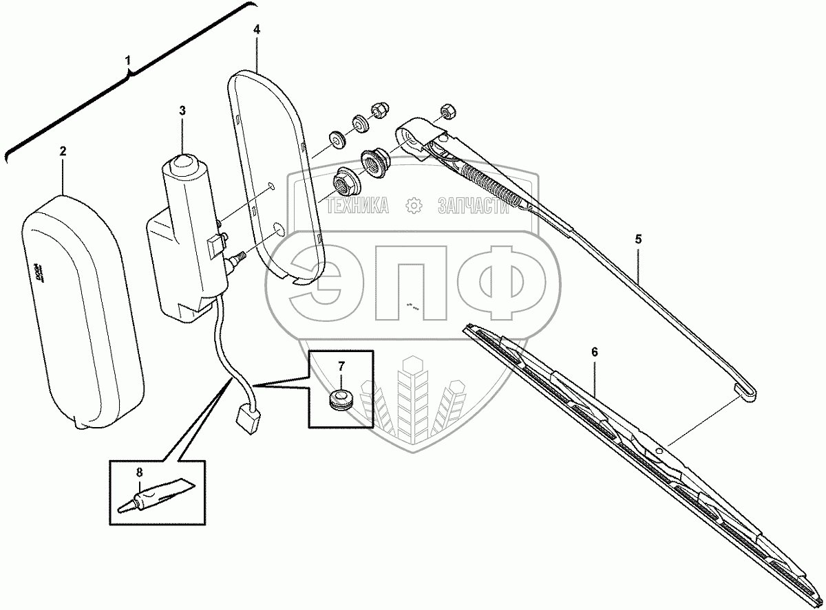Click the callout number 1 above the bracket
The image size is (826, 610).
point(128,61)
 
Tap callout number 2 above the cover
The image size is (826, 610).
point(63,151)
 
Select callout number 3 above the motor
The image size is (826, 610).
point(182,110)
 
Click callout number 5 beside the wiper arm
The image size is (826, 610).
point(638,239)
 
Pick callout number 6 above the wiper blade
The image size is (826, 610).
point(595,351)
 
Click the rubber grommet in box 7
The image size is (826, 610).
point(339,398)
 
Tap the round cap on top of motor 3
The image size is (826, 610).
point(183,164)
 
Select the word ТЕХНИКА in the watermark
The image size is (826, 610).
point(357,206)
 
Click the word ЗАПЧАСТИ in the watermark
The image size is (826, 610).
point(473,206)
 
